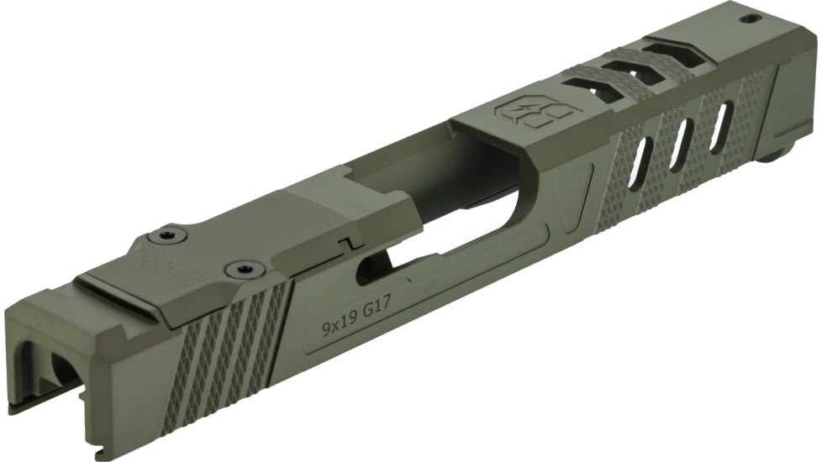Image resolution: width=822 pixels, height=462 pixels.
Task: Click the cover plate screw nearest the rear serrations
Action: point(241,269)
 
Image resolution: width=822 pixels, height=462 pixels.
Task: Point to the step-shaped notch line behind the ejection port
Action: point(354,244)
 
